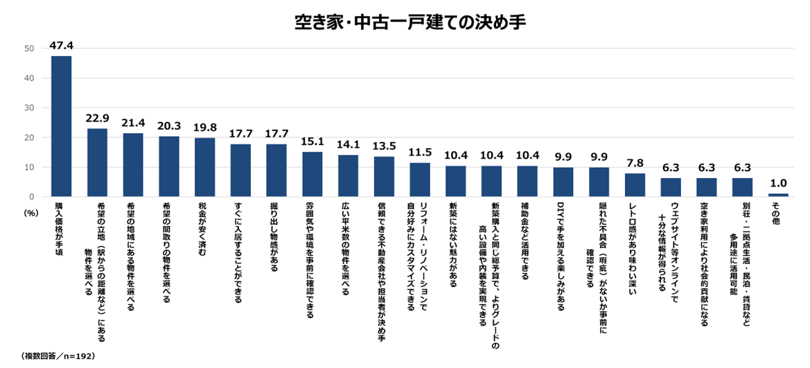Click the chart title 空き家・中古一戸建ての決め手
pyautogui.click(x=405, y=21)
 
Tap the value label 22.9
pyautogui.click(x=97, y=119)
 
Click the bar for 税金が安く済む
pyautogui.click(x=205, y=167)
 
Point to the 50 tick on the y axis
pyautogui.click(x=29, y=49)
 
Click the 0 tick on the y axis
pyautogui.click(x=32, y=197)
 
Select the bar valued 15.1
pyautogui.click(x=312, y=174)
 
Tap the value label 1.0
pyautogui.click(x=777, y=184)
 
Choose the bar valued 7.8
pyautogui.click(x=635, y=185)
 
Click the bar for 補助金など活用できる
pyautogui.click(x=527, y=181)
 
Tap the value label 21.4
pyautogui.click(x=133, y=123)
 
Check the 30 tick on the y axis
pyautogui.click(x=29, y=108)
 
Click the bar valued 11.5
pyautogui.click(x=420, y=179)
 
